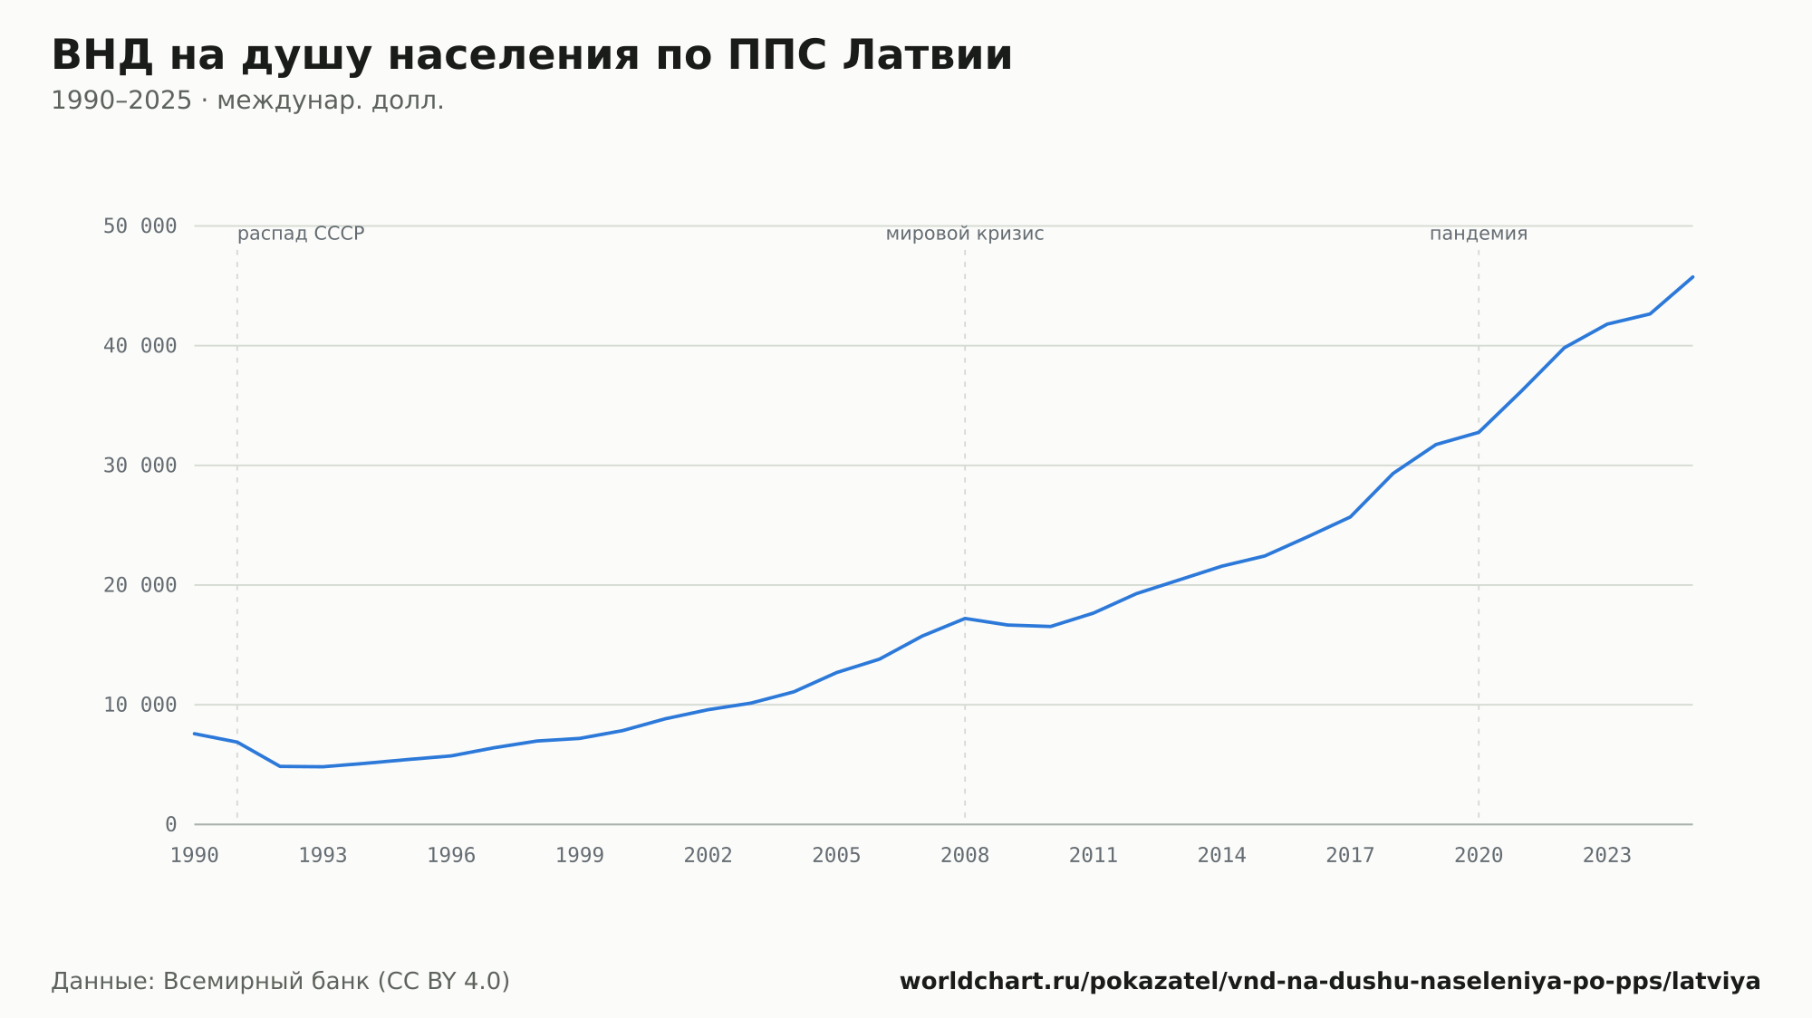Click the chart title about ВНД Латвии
[532, 56]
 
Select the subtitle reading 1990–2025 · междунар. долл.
[247, 101]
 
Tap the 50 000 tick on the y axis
[140, 226]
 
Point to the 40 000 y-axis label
[140, 345]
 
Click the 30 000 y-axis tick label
[140, 466]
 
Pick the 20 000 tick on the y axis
[140, 585]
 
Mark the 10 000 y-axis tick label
[140, 705]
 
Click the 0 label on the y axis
[171, 824]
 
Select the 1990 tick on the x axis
[195, 856]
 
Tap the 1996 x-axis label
[451, 856]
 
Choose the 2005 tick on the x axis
[836, 856]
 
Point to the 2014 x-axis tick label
[1221, 856]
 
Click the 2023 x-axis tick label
[1606, 856]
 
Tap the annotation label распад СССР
[301, 234]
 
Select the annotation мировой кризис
[965, 234]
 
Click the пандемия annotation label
[1479, 234]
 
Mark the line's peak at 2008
[965, 619]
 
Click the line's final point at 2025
[1692, 277]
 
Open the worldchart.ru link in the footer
[1330, 982]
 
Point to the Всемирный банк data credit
[281, 982]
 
